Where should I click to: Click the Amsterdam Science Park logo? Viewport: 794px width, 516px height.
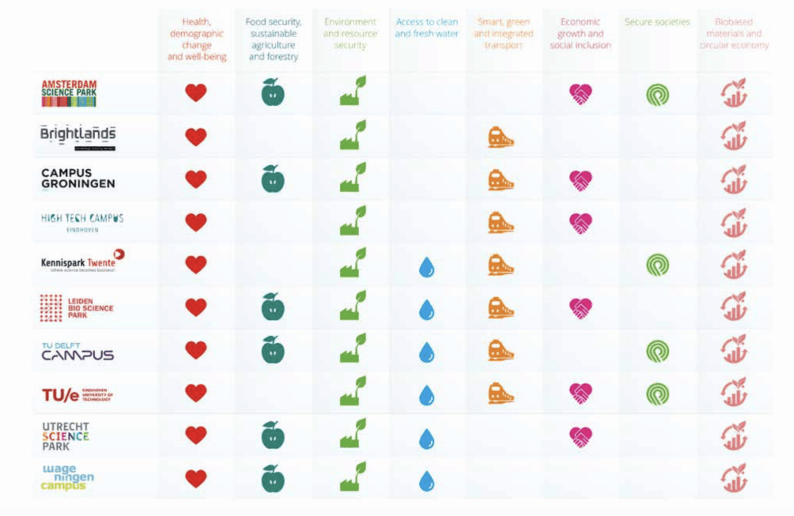[69, 92]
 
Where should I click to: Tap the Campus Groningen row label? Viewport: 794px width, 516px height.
[78, 179]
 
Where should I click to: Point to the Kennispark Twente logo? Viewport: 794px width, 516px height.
[82, 262]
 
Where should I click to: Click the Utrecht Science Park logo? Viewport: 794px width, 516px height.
[65, 435]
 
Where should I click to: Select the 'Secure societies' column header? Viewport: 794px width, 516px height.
[657, 22]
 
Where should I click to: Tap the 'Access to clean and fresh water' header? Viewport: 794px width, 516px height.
[426, 28]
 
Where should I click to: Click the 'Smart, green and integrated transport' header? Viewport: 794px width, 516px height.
[503, 34]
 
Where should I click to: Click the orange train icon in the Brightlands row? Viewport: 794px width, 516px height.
[501, 137]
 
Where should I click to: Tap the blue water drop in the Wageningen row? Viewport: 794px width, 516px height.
[426, 480]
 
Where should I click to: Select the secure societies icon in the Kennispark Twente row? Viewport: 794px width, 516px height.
[657, 265]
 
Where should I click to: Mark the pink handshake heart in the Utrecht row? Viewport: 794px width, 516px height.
[580, 436]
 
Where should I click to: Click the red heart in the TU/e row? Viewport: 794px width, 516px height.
[195, 393]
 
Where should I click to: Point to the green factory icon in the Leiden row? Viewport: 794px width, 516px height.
[353, 307]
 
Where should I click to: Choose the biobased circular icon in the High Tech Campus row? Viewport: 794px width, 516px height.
[734, 222]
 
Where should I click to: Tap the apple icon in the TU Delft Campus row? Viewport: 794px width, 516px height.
[273, 349]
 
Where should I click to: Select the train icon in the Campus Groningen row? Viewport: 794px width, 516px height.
[501, 180]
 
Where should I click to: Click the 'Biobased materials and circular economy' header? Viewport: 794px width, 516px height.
[733, 34]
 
